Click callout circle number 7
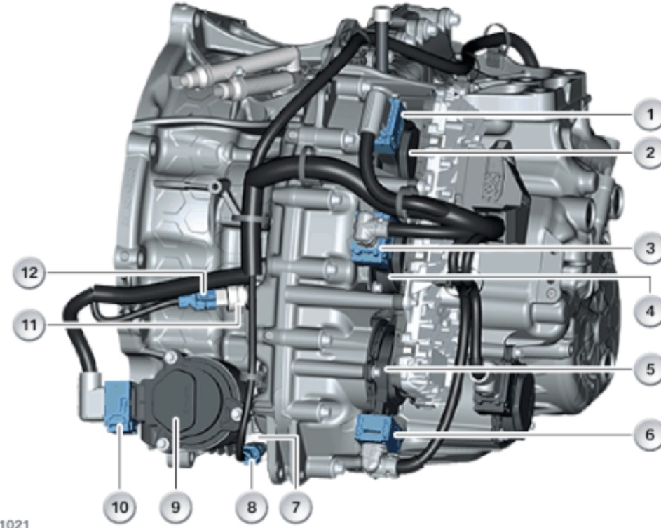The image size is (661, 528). tap(296, 507)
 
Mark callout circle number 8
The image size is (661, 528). tap(251, 507)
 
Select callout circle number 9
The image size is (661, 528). tap(175, 507)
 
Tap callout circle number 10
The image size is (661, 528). tap(120, 507)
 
